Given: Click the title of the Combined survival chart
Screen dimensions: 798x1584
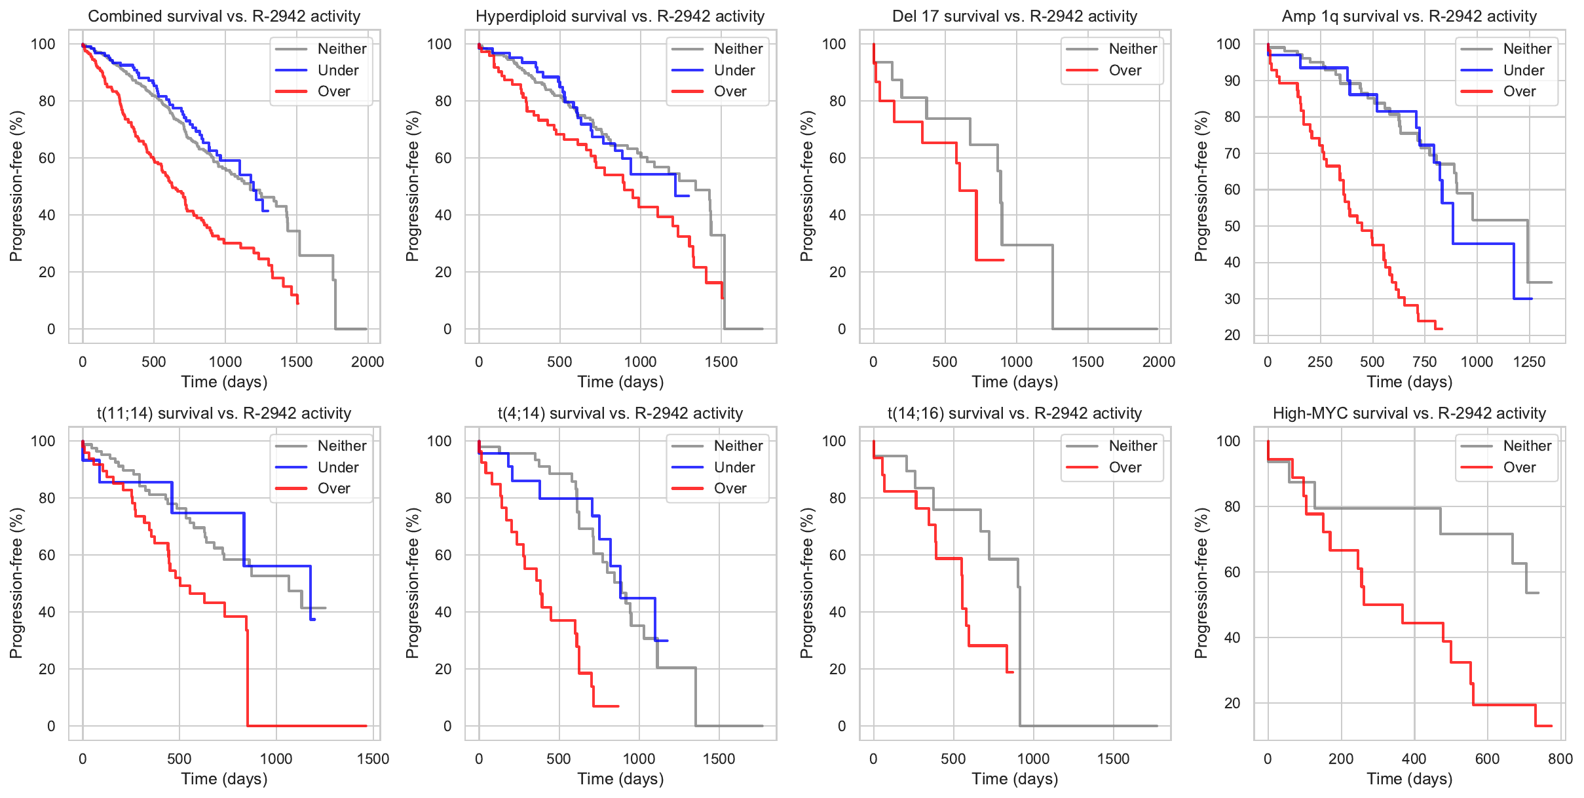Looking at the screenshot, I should [224, 16].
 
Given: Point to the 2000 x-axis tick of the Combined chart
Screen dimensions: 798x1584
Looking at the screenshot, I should [368, 362].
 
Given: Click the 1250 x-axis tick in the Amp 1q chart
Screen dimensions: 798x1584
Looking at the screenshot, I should [1529, 362].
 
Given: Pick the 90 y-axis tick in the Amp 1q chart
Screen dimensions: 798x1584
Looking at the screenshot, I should [1228, 81].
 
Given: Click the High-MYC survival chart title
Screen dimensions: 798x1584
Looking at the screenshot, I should [1409, 413].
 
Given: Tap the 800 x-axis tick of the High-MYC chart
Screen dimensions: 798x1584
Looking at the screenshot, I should [1560, 759].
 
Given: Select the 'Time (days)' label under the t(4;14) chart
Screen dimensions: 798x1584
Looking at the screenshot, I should [620, 779].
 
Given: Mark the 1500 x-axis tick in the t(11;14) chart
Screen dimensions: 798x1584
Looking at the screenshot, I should [373, 759].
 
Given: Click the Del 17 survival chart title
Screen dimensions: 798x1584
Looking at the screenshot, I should [1014, 16].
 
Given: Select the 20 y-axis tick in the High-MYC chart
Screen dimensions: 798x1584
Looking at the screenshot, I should [1232, 703].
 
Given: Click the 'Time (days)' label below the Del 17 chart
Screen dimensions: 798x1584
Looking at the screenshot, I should [1015, 382].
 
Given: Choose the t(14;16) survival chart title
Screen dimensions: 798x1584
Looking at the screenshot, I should [1014, 413].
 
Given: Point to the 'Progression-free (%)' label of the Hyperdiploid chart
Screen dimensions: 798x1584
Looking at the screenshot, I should [411, 186].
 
